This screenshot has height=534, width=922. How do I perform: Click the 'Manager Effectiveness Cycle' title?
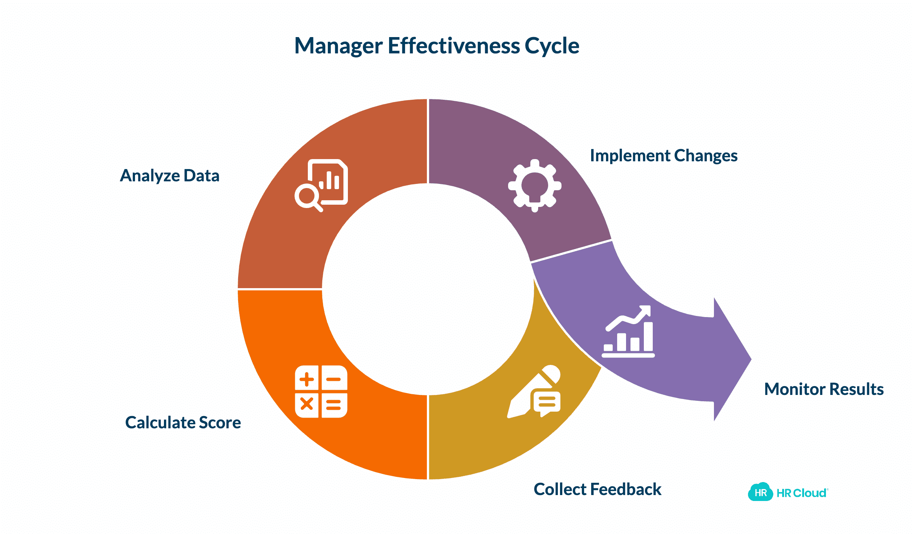click(x=437, y=46)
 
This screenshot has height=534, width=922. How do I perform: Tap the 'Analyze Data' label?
click(x=169, y=176)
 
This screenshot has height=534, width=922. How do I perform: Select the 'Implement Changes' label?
click(x=663, y=156)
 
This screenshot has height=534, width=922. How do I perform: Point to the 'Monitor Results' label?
click(x=824, y=389)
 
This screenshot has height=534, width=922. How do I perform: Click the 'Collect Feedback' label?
click(x=597, y=489)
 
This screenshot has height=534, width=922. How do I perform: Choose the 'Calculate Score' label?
click(x=183, y=423)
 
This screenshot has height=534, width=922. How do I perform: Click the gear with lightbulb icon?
click(x=534, y=185)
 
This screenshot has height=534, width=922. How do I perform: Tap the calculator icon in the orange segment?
click(x=321, y=392)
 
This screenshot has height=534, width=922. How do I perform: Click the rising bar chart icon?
click(x=628, y=332)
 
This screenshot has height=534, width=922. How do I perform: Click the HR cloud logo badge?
click(x=760, y=492)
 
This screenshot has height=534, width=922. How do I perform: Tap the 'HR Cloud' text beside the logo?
click(x=801, y=493)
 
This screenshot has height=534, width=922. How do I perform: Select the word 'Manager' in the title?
click(x=338, y=46)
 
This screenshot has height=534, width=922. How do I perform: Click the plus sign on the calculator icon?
click(x=307, y=379)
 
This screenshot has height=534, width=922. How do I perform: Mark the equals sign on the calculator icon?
click(x=333, y=405)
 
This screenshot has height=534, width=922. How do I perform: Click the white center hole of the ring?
click(x=428, y=289)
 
